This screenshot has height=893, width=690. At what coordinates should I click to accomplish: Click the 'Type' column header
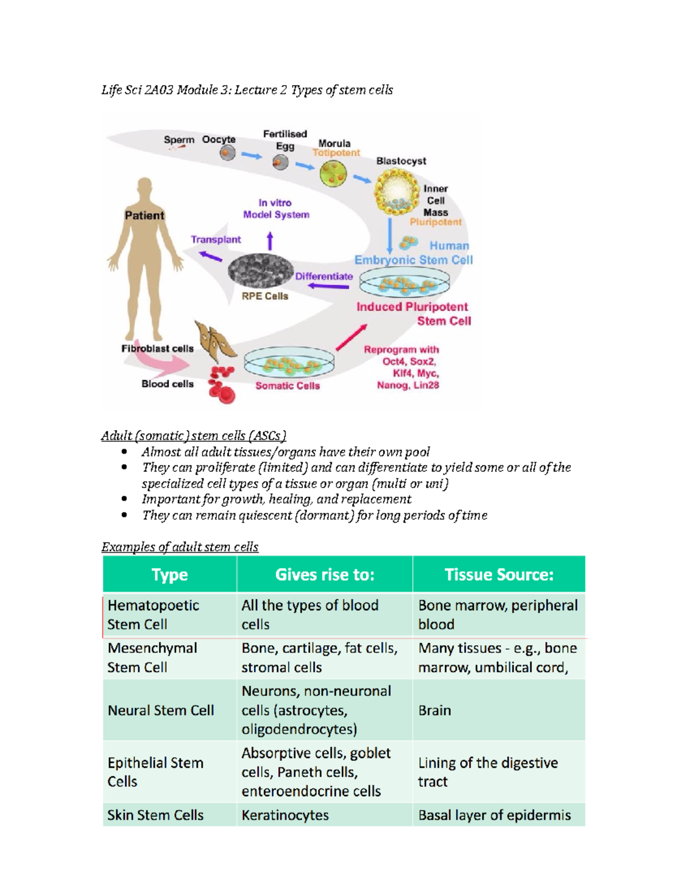[x=170, y=574]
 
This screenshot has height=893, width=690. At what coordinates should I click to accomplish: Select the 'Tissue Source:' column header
[x=499, y=574]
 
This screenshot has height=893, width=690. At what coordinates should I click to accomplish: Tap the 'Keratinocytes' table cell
[x=285, y=815]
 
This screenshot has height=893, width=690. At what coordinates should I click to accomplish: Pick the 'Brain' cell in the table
[x=435, y=710]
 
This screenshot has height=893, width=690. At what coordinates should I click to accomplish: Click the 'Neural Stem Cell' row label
[x=161, y=710]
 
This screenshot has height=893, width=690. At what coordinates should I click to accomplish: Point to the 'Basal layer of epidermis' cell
[x=494, y=815]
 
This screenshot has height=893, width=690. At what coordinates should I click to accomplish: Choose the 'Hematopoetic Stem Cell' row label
[x=153, y=615]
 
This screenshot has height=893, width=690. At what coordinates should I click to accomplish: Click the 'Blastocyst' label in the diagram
[x=401, y=161]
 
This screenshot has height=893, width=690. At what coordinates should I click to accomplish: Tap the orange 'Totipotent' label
[x=336, y=153]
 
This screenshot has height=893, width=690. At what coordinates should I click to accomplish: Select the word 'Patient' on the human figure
[x=144, y=215]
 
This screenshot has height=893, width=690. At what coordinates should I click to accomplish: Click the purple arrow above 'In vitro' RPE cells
[x=270, y=240]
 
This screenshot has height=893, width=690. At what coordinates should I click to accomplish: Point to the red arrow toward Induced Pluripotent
[x=351, y=337]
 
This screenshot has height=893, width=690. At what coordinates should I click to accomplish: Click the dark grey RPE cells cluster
[x=260, y=270]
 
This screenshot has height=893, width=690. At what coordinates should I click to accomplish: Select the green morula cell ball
[x=333, y=173]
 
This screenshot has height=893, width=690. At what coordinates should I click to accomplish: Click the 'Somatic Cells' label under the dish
[x=287, y=386]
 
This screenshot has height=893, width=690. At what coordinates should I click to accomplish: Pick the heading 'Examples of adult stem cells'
[x=180, y=547]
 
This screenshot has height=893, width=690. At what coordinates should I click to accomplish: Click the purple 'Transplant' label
[x=216, y=239]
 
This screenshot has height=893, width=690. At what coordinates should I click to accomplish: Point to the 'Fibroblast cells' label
[x=157, y=348]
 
